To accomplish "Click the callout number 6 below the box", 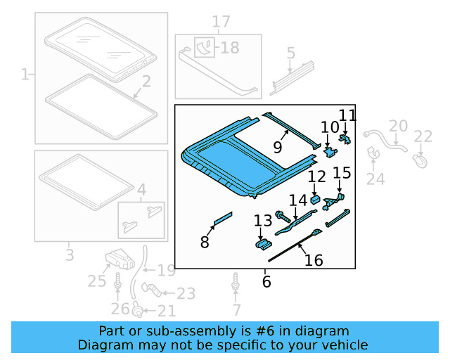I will [266, 282].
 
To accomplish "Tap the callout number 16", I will [314, 261].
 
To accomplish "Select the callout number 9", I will [278, 148].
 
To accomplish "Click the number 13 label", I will [262, 221].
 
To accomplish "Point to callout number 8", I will [205, 243].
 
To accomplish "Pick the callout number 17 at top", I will [221, 22].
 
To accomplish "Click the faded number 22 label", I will [423, 136].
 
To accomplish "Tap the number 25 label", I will [96, 281].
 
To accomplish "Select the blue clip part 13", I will [263, 243].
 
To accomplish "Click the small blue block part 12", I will [315, 199].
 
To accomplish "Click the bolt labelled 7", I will [235, 285].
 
